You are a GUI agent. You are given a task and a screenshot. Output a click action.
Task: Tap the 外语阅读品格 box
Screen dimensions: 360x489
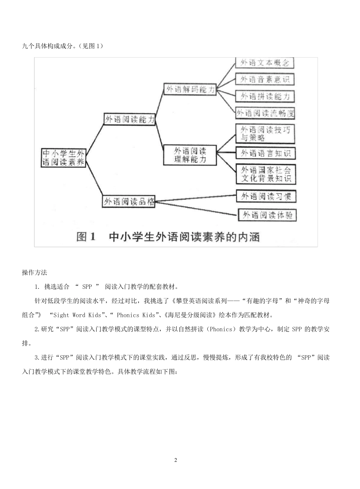point(129,202)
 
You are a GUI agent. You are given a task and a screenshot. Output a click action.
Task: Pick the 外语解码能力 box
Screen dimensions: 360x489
point(190,89)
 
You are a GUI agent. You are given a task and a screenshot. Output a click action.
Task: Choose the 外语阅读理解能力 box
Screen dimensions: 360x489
point(190,155)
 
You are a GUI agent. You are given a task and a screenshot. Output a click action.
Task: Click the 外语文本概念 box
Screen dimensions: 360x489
point(265,63)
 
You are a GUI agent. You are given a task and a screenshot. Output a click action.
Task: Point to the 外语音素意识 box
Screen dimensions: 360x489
point(265,79)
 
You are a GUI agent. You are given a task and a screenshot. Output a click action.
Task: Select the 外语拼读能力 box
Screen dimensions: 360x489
point(265,96)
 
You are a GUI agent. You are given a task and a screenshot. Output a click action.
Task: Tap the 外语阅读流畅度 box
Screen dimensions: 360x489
point(265,113)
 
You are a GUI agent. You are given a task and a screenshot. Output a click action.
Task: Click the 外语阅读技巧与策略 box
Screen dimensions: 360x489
point(265,134)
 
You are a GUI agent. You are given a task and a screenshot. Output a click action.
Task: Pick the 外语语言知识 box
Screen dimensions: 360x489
point(265,153)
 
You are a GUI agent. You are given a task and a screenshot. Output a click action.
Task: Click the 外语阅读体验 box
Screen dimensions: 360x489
point(267,215)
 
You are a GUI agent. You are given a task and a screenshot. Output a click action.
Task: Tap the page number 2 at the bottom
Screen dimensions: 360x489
point(175,460)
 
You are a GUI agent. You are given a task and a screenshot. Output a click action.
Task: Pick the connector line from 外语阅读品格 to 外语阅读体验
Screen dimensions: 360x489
point(197,208)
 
